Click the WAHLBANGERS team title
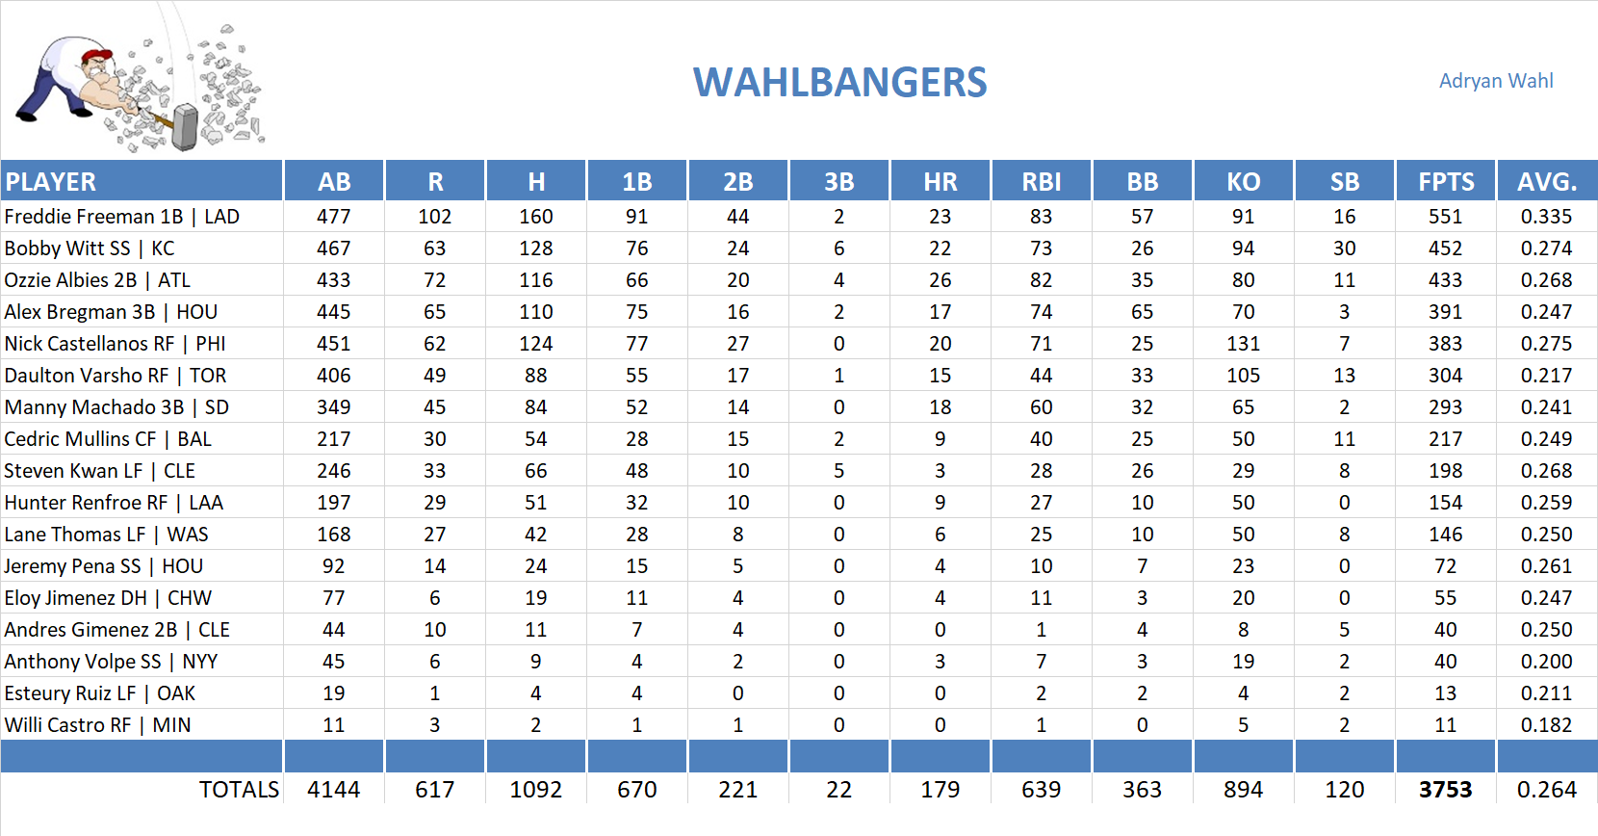click(x=839, y=83)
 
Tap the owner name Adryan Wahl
click(x=1495, y=81)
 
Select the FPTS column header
click(x=1445, y=181)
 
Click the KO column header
click(x=1243, y=181)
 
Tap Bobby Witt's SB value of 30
click(x=1344, y=248)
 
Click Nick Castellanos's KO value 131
click(x=1243, y=344)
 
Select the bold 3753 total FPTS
click(x=1445, y=790)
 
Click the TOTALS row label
click(x=238, y=790)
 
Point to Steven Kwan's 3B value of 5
click(x=838, y=471)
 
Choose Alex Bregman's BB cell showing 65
click(x=1142, y=312)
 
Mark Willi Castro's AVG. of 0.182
click(x=1546, y=725)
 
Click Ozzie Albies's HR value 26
click(x=940, y=280)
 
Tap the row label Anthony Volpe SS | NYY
click(x=111, y=662)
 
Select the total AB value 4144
click(x=333, y=790)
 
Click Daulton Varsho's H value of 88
click(x=535, y=376)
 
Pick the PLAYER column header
click(x=51, y=181)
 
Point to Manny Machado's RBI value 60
click(x=1041, y=407)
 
